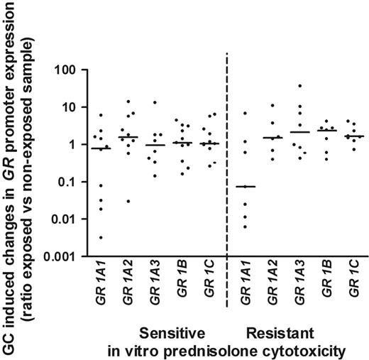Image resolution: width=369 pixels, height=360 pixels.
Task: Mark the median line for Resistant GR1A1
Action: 245,186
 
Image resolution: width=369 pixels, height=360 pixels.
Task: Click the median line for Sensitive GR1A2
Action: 128,137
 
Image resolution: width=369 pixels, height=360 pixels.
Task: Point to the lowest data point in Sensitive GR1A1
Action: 101,237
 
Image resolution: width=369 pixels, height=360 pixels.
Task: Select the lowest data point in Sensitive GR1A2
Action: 128,201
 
